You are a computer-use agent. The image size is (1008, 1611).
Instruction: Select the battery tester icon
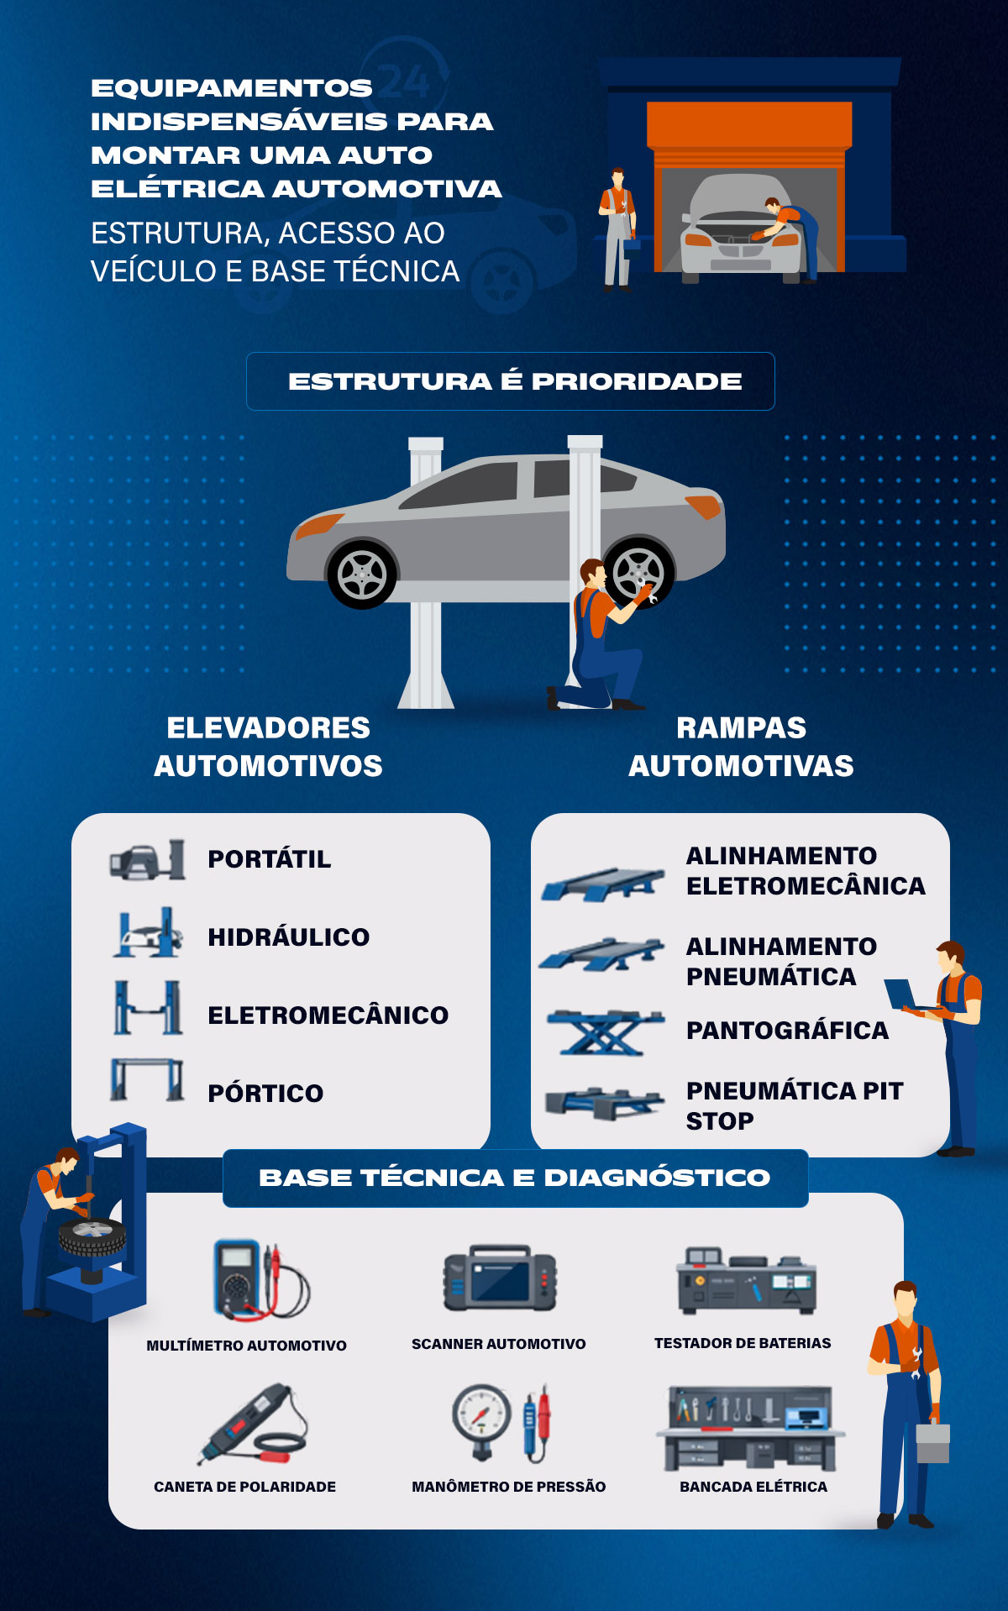pos(746,1282)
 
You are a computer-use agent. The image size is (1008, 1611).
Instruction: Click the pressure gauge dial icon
pos(481,1414)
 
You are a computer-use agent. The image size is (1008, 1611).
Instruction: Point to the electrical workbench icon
pos(750,1428)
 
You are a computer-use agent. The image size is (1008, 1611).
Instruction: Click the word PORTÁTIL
pos(269,859)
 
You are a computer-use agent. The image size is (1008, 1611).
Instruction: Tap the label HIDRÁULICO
pos(288,937)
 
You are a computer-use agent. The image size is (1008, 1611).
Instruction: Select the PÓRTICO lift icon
pos(147,1080)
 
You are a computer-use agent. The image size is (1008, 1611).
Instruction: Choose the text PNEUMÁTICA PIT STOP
pos(793,1105)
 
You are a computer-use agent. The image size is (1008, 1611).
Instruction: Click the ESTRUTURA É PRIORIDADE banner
pos(511,381)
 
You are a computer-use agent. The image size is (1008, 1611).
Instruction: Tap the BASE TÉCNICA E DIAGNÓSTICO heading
pos(514,1178)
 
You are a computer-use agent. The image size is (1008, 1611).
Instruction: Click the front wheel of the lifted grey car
pos(362,575)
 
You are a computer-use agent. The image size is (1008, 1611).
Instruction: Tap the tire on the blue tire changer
pos(92,1236)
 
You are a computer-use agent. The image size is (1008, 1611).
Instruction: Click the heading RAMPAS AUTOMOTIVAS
pos(741,747)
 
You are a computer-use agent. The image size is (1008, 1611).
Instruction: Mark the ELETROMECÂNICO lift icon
pos(148,1007)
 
